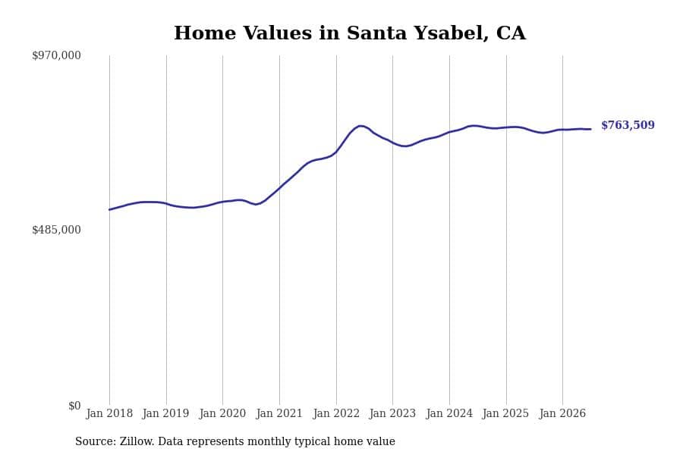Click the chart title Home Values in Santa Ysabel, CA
pyautogui.click(x=350, y=33)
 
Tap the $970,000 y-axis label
pyautogui.click(x=56, y=55)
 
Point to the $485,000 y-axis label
pyautogui.click(x=56, y=230)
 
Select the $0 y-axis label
pyautogui.click(x=74, y=406)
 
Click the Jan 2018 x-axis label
pyautogui.click(x=109, y=413)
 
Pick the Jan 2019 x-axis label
pyautogui.click(x=166, y=413)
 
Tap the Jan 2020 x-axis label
pyautogui.click(x=222, y=413)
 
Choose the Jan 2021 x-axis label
pyautogui.click(x=279, y=413)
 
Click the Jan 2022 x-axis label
pyautogui.click(x=336, y=413)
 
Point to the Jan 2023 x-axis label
pyautogui.click(x=392, y=413)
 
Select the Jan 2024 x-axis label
pyautogui.click(x=449, y=413)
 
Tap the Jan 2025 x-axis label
pyautogui.click(x=505, y=413)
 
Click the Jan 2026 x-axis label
pyautogui.click(x=562, y=413)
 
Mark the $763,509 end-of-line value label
pyautogui.click(x=628, y=125)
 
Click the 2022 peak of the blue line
pyautogui.click(x=360, y=126)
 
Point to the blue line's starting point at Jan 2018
pyautogui.click(x=109, y=209)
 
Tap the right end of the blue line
pyautogui.click(x=590, y=129)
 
